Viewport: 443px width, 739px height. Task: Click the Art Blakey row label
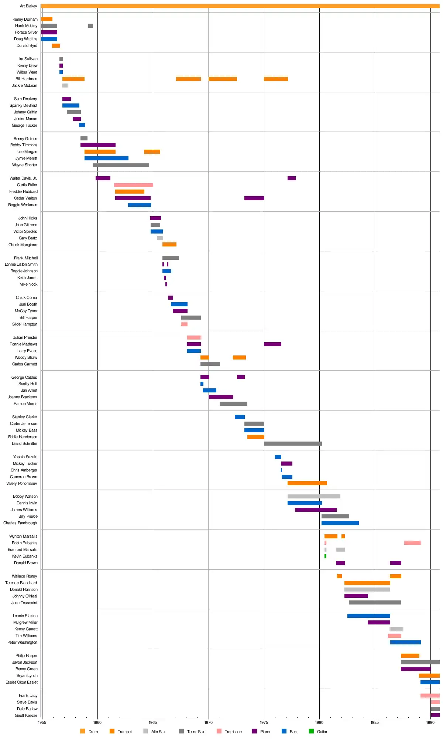(x=28, y=6)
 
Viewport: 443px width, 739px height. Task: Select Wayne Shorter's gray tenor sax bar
(x=121, y=165)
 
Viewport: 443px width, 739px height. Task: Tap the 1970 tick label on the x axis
(x=209, y=722)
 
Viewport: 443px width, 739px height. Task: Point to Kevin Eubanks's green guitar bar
(x=325, y=556)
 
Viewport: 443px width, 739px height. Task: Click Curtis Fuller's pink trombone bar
(x=133, y=185)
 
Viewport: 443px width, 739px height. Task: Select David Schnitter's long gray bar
(x=293, y=443)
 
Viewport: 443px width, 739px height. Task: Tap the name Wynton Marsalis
(x=23, y=536)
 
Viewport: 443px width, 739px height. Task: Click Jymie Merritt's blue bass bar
(x=106, y=159)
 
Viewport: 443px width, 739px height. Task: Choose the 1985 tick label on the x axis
(x=375, y=722)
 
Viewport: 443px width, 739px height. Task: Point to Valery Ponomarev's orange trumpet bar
(x=307, y=483)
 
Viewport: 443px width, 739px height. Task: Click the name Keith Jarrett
(x=27, y=277)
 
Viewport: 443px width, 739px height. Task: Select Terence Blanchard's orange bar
(x=367, y=583)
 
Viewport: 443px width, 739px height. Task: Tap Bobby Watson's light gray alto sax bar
(x=314, y=496)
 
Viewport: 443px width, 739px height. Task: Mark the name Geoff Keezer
(x=26, y=715)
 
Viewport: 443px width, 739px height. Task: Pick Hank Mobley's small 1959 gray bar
(x=90, y=26)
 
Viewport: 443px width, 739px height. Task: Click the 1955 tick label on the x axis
(x=42, y=722)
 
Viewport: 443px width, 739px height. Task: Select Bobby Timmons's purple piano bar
(x=98, y=145)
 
